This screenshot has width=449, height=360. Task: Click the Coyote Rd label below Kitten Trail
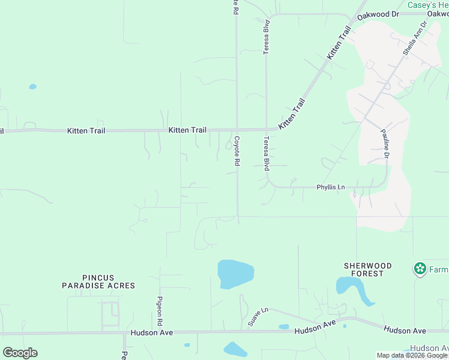[x=237, y=151]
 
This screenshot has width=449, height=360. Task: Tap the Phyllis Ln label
[x=331, y=188]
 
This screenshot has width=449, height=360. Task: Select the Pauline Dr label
[x=385, y=144]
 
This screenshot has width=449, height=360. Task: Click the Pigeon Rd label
[x=160, y=310]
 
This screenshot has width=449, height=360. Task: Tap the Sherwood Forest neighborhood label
[x=368, y=269]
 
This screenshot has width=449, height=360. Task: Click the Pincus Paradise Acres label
[x=98, y=281]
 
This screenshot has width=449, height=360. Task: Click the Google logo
[x=20, y=353]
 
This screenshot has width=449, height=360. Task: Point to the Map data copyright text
[x=412, y=355]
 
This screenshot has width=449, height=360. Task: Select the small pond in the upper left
[x=32, y=87]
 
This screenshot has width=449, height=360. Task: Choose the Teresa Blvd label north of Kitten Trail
[x=267, y=37]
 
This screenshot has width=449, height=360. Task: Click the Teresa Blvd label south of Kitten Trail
[x=266, y=153]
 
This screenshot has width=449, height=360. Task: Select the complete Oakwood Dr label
[x=378, y=14]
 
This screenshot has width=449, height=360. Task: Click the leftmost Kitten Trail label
[x=86, y=130]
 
